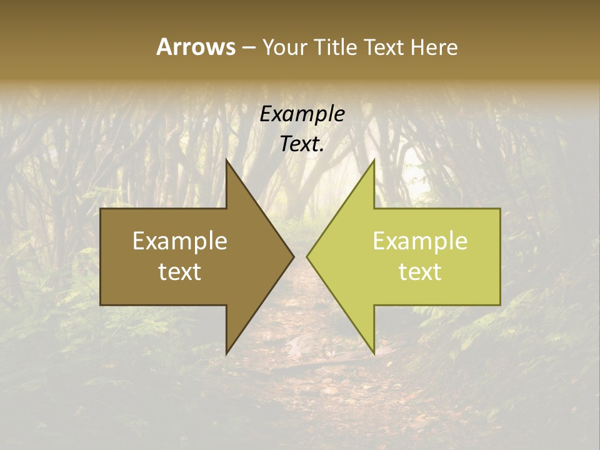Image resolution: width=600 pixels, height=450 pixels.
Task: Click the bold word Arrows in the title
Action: (x=196, y=47)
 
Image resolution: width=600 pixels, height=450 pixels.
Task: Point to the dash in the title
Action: (x=248, y=47)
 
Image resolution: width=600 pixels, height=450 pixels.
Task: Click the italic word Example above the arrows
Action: (x=302, y=114)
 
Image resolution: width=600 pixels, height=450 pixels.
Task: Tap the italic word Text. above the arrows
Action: (x=302, y=144)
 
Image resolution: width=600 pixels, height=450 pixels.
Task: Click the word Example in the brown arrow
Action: (x=180, y=241)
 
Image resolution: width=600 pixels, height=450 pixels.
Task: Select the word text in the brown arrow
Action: (x=180, y=272)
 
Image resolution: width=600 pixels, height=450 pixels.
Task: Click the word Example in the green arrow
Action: (x=420, y=241)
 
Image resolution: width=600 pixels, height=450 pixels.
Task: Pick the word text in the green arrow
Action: (x=420, y=272)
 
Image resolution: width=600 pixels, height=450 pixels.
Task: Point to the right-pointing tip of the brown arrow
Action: (x=294, y=256)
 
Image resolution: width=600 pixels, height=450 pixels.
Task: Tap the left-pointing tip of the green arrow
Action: (x=307, y=256)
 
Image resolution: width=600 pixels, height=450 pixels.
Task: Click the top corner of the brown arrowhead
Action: (x=226, y=160)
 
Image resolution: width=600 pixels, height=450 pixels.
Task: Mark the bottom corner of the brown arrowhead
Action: (x=226, y=354)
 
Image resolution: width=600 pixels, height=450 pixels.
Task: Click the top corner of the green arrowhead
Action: (x=374, y=160)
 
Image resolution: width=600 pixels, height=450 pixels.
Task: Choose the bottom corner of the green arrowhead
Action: (x=374, y=354)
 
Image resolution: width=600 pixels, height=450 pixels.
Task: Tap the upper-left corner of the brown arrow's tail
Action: (x=101, y=209)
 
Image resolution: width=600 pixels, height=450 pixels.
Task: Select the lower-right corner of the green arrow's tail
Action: (x=500, y=305)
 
